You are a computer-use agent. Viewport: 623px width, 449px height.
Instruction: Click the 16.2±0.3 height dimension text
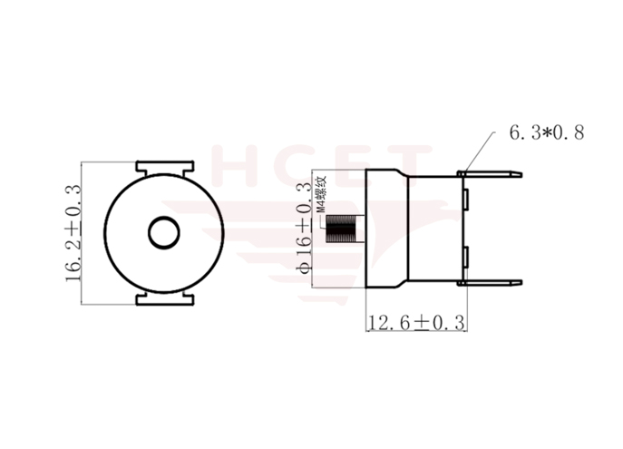pos(73,232)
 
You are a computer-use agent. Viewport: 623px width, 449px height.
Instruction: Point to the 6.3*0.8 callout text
pos(545,133)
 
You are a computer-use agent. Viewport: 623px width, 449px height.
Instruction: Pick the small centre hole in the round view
pos(164,232)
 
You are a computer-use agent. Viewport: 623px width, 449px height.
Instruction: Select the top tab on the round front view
pos(164,168)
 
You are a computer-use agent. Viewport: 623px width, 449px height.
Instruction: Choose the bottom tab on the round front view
pos(164,298)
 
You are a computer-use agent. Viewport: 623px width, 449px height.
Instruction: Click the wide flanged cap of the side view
pos(386,231)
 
